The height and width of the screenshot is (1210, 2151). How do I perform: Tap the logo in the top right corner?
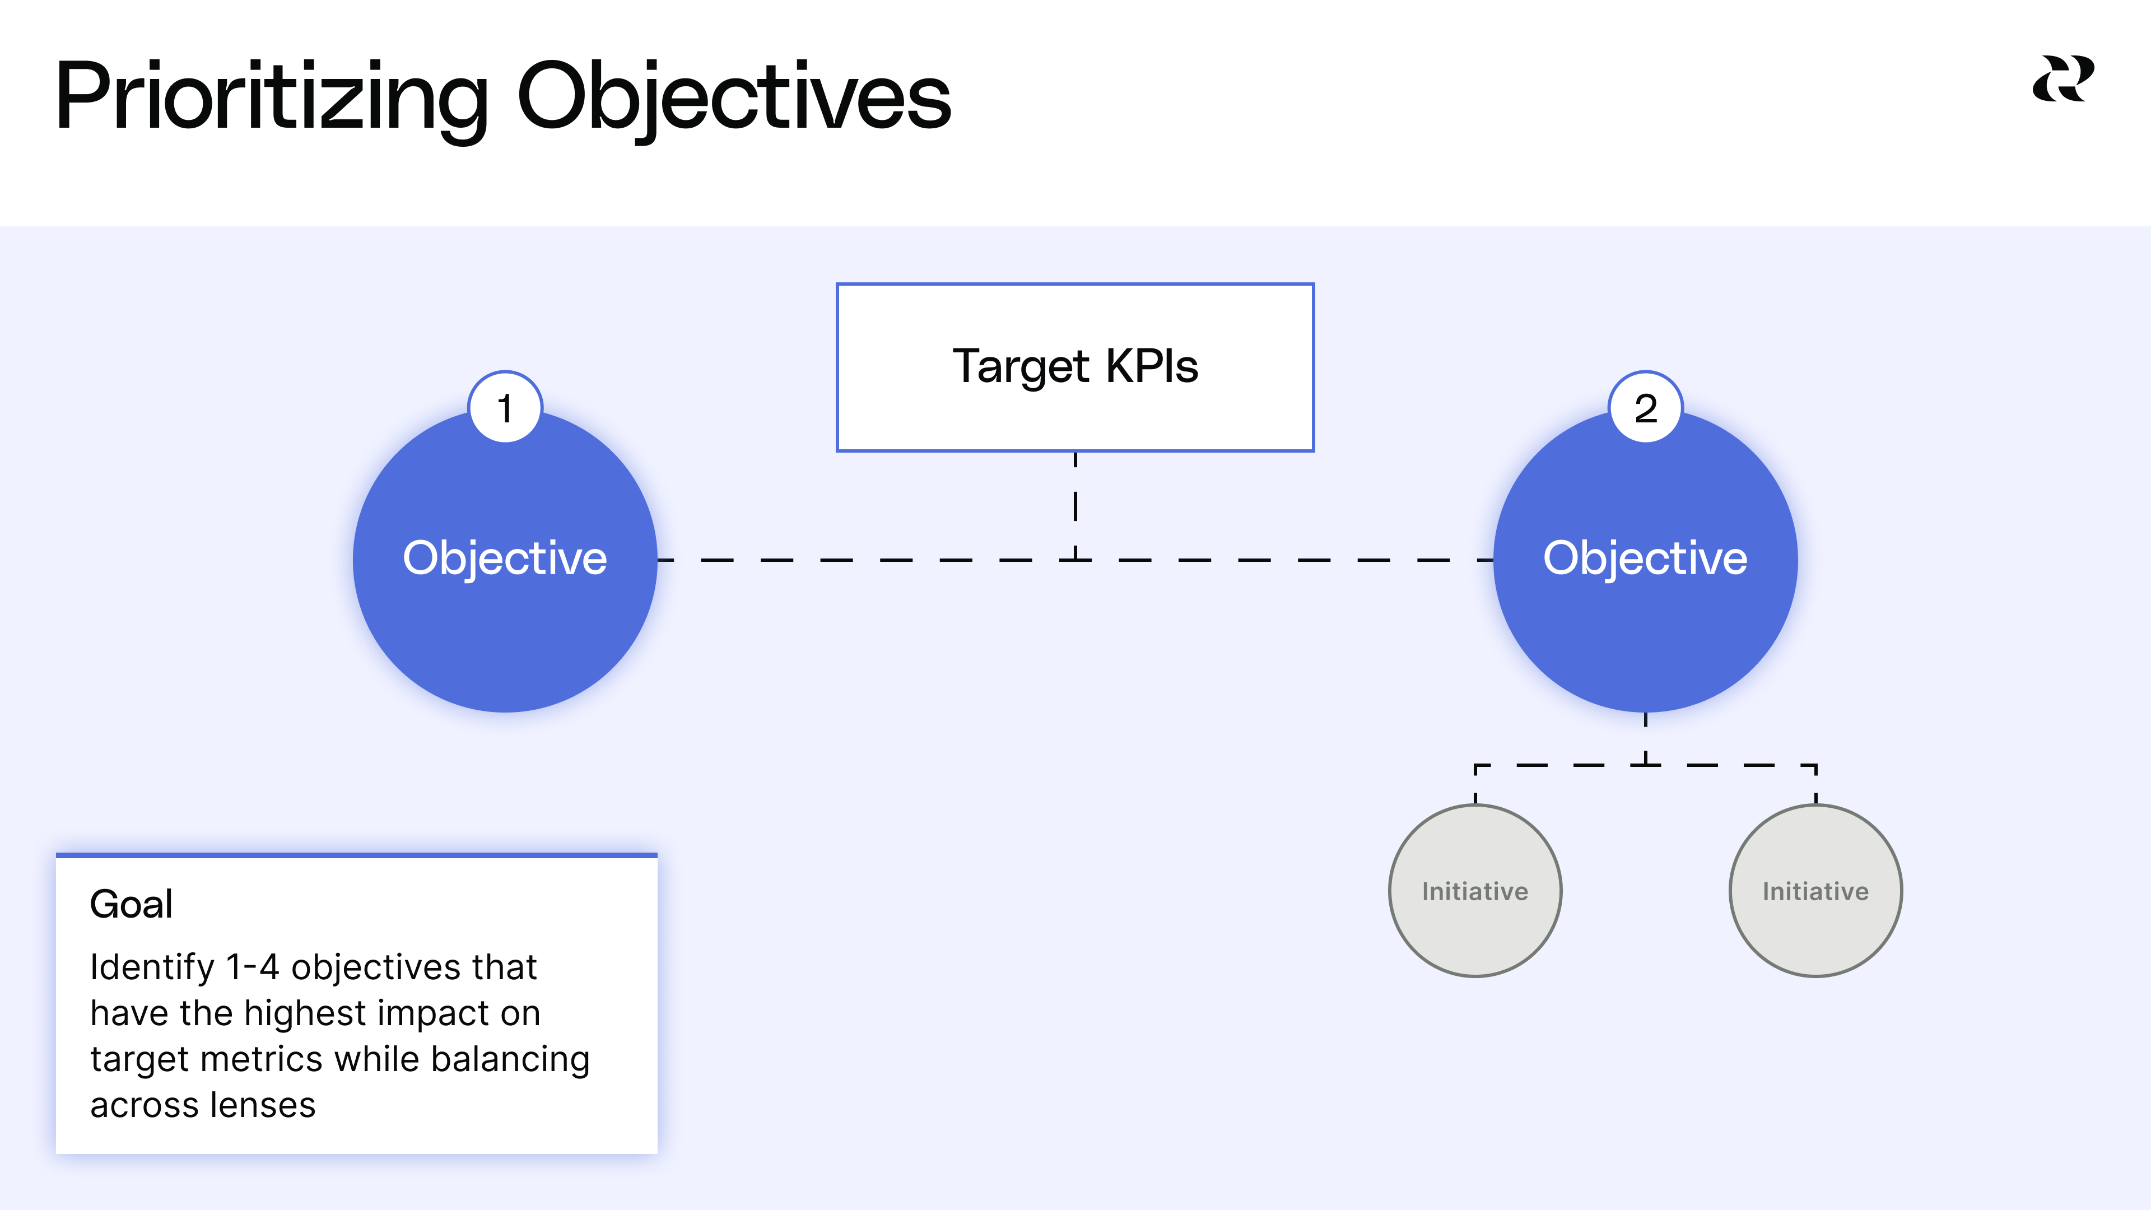point(2062,80)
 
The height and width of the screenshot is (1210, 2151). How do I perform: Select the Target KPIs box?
point(1075,367)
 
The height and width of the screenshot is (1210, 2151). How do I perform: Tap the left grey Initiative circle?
point(1475,891)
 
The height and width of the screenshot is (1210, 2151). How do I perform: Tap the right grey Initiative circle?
point(1815,891)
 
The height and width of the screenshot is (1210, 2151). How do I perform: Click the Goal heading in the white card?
point(131,904)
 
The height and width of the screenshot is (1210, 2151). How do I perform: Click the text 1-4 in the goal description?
point(252,967)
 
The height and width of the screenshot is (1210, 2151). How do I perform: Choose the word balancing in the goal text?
point(510,1059)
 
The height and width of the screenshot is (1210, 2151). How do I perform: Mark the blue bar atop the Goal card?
point(357,855)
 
